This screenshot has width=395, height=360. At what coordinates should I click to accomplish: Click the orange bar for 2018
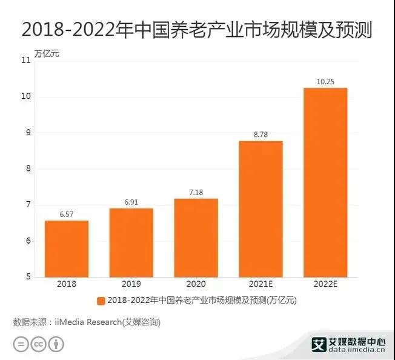pos(66,248)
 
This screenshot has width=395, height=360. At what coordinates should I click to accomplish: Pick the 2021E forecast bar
pos(261,208)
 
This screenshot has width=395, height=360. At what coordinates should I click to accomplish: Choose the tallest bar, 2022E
pos(325,182)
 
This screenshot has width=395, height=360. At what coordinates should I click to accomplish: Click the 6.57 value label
pos(66,215)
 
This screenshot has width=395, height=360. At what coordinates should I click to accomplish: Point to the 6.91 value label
pos(131,202)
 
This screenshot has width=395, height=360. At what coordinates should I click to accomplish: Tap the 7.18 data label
pos(196,193)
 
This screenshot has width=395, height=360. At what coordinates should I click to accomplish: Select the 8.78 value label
pos(261,135)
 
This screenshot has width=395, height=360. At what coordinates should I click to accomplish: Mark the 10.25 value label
pos(325,82)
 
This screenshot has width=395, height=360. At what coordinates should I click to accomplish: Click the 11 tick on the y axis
pos(25,61)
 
